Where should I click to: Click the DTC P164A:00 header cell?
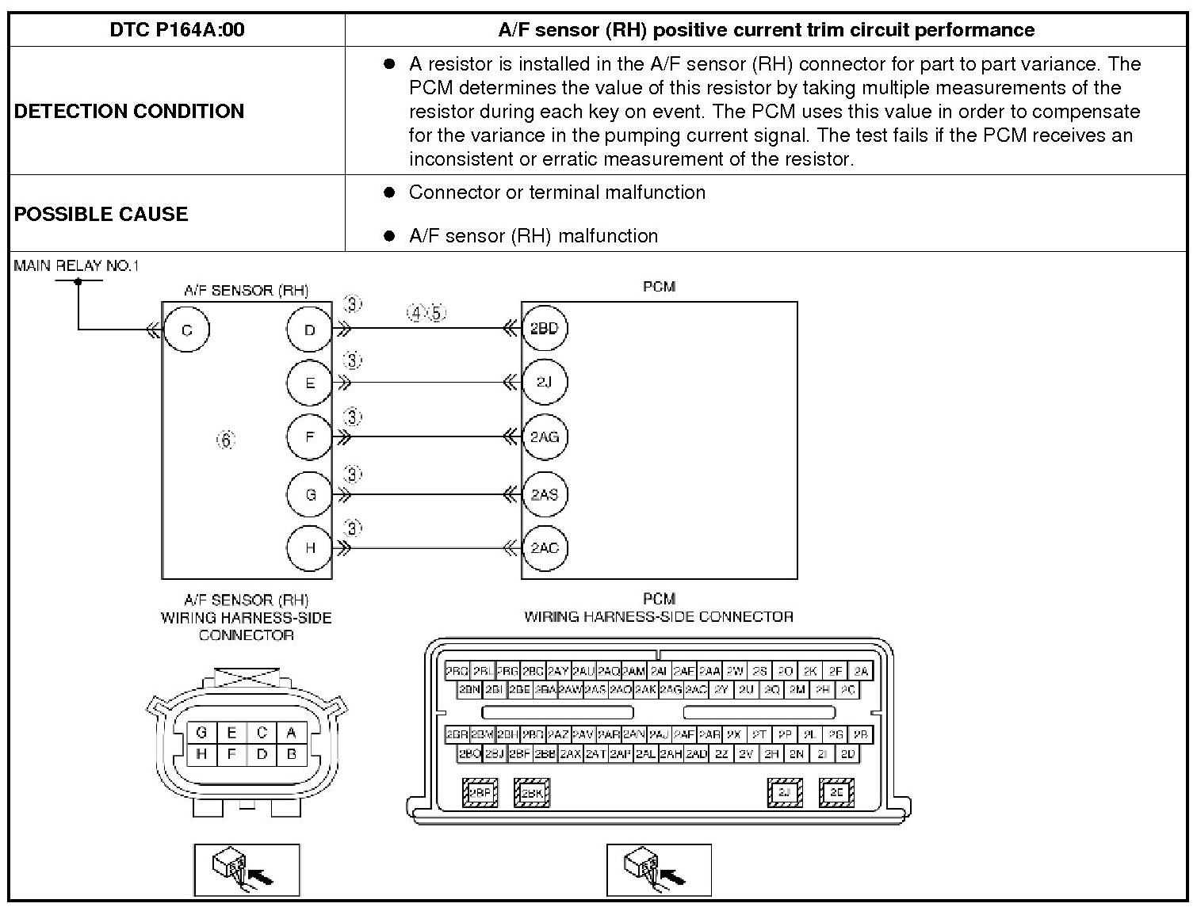point(177,30)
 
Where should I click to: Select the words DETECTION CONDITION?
point(129,111)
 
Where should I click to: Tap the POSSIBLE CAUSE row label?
point(101,214)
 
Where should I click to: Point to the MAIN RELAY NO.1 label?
point(76,265)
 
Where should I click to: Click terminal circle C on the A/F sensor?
point(186,330)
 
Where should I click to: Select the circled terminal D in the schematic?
point(310,330)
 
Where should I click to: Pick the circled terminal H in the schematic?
point(310,547)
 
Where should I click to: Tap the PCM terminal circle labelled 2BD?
point(544,328)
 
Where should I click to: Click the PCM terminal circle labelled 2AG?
point(544,436)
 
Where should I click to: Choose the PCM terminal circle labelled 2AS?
point(544,494)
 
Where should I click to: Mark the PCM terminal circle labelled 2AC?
point(544,547)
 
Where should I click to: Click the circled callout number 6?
point(226,440)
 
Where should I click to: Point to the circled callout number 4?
point(416,313)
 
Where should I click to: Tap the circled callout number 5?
point(437,313)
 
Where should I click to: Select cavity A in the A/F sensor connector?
point(292,733)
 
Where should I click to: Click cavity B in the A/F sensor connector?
point(292,754)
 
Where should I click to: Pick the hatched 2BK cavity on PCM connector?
point(532,792)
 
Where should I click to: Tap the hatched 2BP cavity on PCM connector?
point(480,792)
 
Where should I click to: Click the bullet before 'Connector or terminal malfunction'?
point(388,192)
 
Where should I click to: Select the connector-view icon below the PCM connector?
point(659,869)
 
